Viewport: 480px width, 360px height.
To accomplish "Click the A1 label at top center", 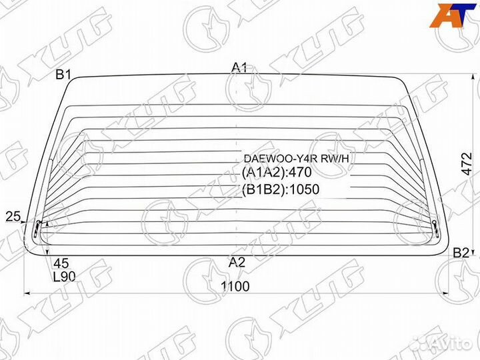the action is coord(239,67).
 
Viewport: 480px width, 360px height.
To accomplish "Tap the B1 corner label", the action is coord(63,75).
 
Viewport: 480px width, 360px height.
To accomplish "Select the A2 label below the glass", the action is coord(237,262).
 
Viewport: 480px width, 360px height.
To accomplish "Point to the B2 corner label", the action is coord(461,253).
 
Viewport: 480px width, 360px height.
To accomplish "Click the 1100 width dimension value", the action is coord(235,286).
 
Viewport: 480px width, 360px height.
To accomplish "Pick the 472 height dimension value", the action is coord(467,163).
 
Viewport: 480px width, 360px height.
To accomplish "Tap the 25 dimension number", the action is coord(13,217).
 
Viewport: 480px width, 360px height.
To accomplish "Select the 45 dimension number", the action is coord(61,263).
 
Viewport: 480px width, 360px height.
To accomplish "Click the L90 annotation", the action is coord(64,277).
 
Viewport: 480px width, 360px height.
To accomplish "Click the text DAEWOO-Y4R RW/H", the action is coord(296,159).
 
